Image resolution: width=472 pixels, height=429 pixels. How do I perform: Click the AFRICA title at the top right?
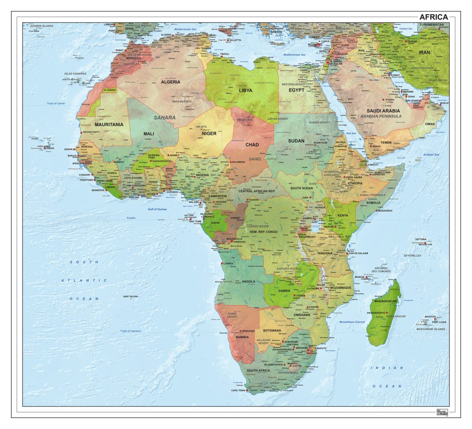pos(433,17)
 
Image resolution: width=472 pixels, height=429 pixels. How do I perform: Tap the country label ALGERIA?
pos(171,82)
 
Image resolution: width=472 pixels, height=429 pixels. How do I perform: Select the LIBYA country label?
pos(245,91)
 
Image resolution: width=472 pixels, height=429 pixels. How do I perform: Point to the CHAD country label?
pos(252,145)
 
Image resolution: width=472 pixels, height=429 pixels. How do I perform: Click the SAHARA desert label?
pos(165,118)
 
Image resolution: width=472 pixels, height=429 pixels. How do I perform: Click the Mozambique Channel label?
pos(352,322)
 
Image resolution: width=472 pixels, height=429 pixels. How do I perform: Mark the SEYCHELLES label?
pos(412,255)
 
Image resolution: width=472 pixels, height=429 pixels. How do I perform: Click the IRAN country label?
pos(424,53)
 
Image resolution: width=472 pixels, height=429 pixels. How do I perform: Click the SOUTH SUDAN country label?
pos(302,188)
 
